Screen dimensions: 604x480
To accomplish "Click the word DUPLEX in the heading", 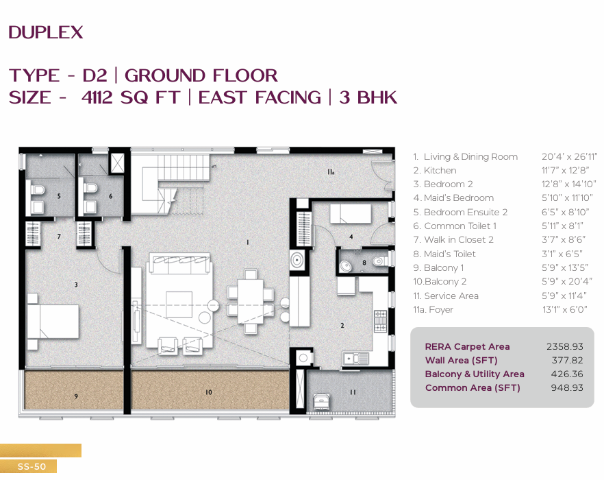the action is [45, 32].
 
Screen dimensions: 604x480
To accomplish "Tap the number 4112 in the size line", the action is [98, 97].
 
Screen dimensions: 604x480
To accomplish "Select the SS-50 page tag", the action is [32, 466].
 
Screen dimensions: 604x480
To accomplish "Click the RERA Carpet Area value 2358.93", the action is [565, 346].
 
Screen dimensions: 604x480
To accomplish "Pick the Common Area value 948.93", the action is [567, 387].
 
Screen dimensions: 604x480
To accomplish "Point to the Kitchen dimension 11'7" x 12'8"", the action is [565, 170].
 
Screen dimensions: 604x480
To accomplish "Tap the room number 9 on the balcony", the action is [76, 396].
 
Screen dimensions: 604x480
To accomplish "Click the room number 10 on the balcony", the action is [209, 392].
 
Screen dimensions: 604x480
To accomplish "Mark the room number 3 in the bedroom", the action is [76, 285].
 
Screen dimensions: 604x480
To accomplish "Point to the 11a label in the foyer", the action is [331, 171].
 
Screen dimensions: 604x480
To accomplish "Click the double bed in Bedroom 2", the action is [53, 322].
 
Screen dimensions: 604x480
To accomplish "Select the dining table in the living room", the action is [251, 301].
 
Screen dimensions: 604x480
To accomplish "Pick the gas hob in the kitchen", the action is [380, 321].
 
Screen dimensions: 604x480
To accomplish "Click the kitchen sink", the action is [355, 359].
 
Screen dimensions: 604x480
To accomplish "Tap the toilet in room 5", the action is [38, 189].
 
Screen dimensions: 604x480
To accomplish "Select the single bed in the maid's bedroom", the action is [350, 214].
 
